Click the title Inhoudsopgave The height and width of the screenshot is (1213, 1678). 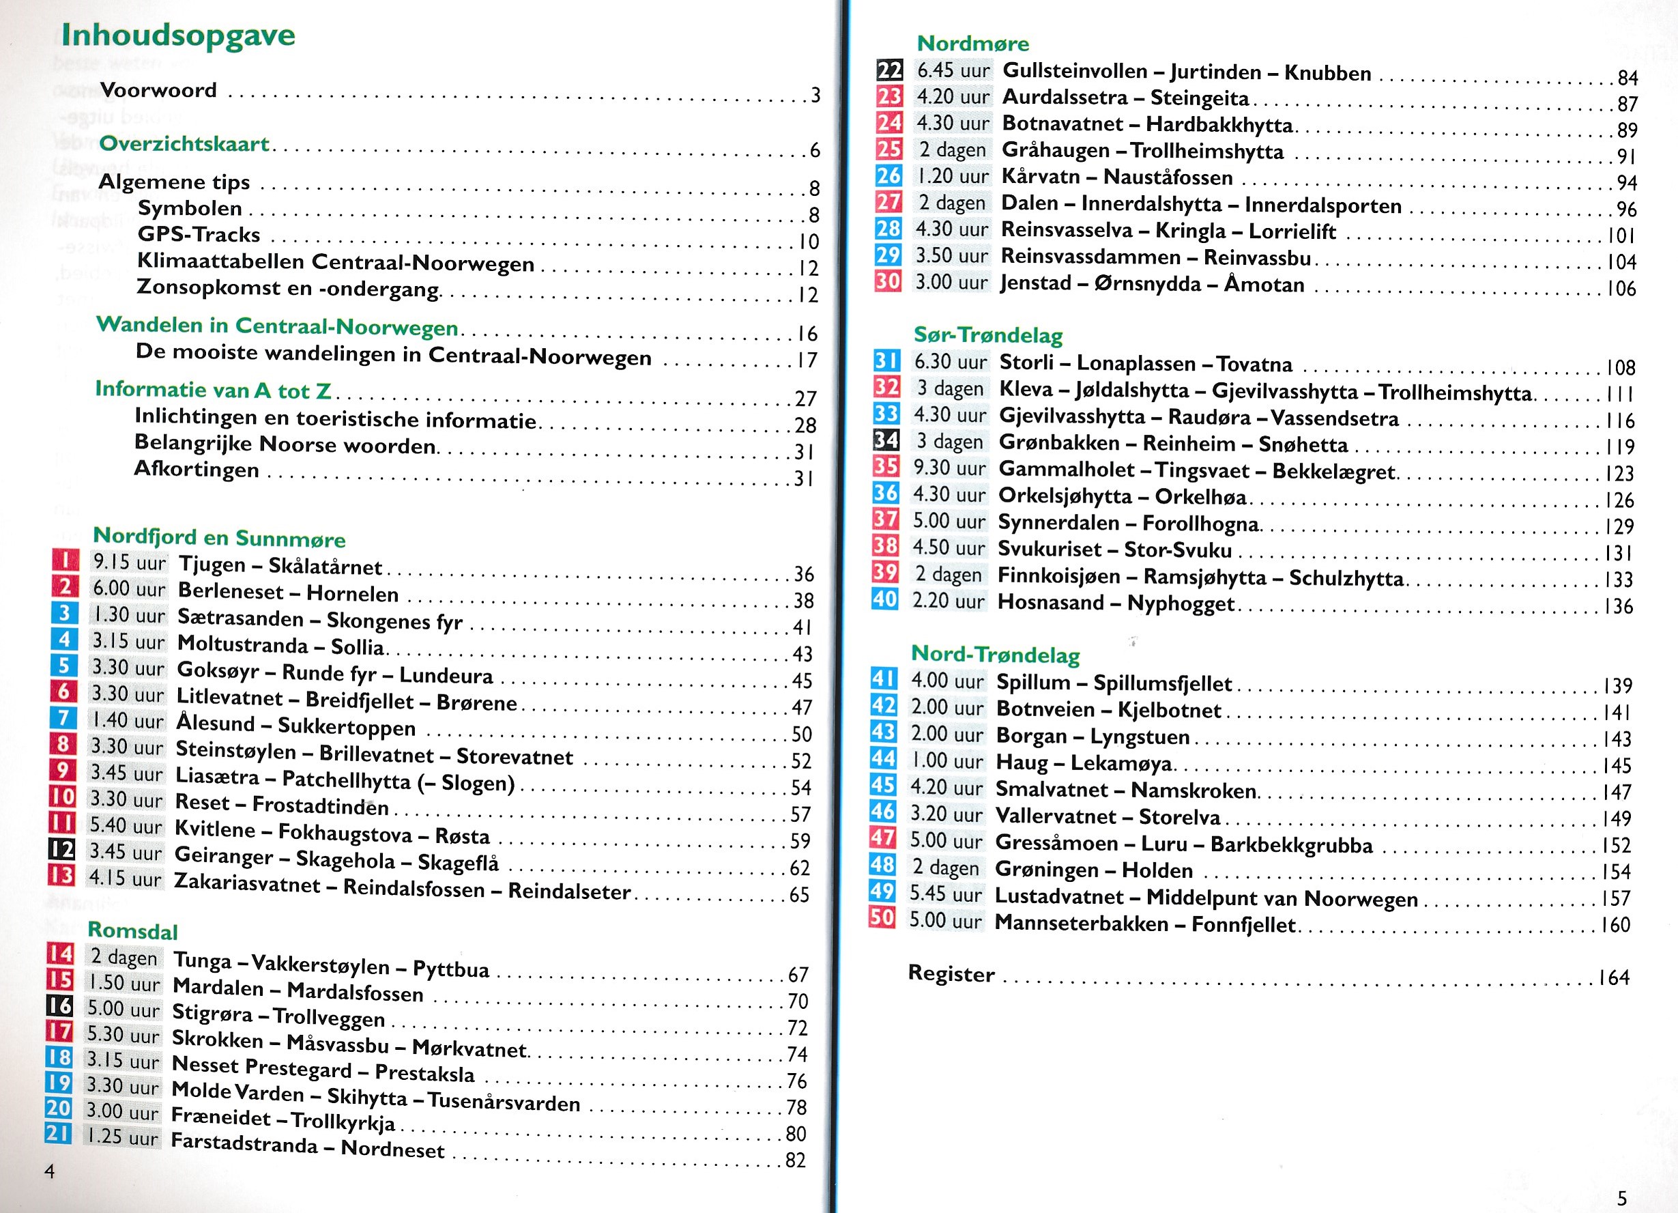[178, 35]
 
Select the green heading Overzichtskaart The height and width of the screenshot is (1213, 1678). [184, 143]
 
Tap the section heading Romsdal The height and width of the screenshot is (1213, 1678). [132, 930]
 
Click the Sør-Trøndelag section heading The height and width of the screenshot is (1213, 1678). [987, 334]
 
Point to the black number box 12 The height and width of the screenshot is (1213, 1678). [61, 851]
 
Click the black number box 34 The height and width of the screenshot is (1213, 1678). [886, 440]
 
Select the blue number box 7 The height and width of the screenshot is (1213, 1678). [63, 718]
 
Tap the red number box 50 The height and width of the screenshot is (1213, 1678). [882, 918]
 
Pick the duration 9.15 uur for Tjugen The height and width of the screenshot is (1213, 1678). [129, 562]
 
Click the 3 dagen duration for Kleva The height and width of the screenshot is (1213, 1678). [950, 388]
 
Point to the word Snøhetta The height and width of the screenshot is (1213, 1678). [1303, 444]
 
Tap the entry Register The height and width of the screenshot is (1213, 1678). [951, 973]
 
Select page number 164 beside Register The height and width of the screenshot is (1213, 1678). [1615, 977]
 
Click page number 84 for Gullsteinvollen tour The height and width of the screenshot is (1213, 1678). [1628, 77]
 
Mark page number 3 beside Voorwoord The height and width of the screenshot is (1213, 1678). [815, 95]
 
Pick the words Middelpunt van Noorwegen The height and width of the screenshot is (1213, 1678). [1282, 898]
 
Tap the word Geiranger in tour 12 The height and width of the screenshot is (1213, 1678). [223, 856]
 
